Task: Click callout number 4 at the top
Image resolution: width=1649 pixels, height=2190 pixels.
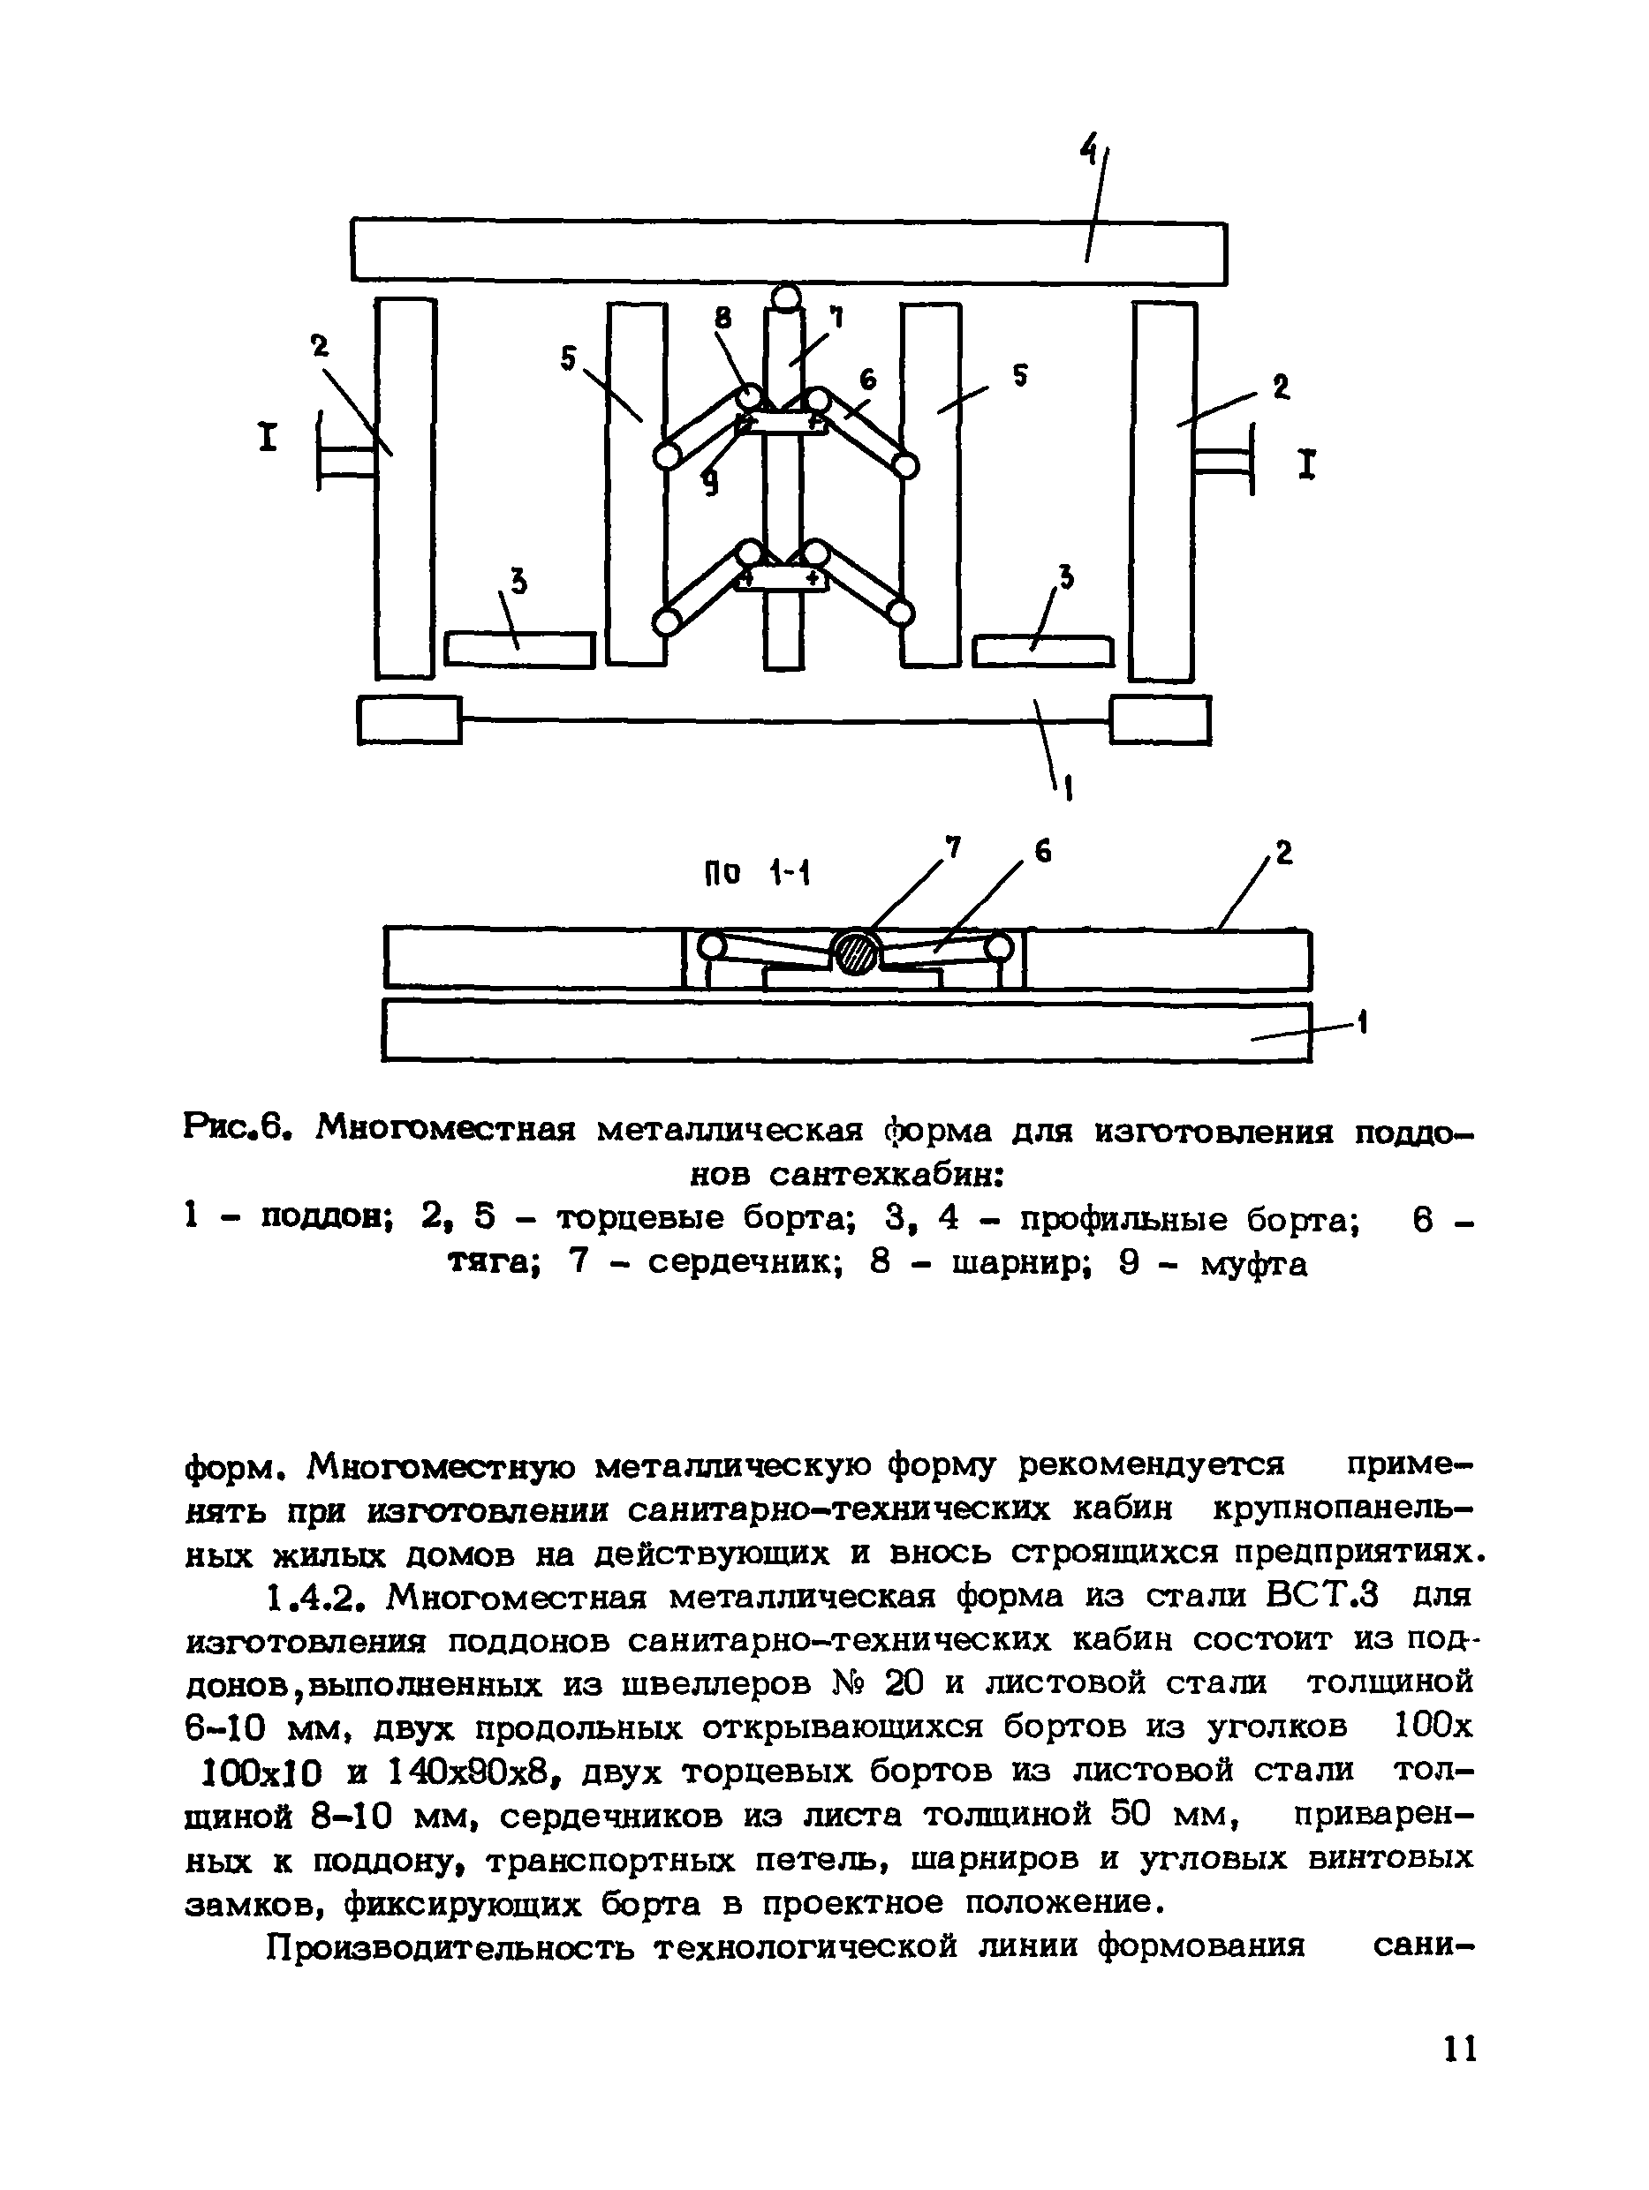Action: (x=1088, y=150)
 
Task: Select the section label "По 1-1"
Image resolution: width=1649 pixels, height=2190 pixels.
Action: (x=757, y=872)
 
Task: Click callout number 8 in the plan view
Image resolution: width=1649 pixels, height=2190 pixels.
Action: (x=723, y=317)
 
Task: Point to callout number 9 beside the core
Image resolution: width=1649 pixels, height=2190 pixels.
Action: (x=709, y=482)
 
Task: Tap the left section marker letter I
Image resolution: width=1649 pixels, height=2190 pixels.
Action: (x=268, y=437)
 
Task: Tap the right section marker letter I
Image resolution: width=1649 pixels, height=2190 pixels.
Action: (x=1307, y=463)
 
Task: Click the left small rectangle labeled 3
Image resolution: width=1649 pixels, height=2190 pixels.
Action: (x=519, y=650)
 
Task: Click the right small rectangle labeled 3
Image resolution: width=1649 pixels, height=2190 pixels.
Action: (x=1042, y=651)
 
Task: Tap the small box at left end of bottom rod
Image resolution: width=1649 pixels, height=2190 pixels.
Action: (x=408, y=719)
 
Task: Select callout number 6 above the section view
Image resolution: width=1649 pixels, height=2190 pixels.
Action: (x=1042, y=852)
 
